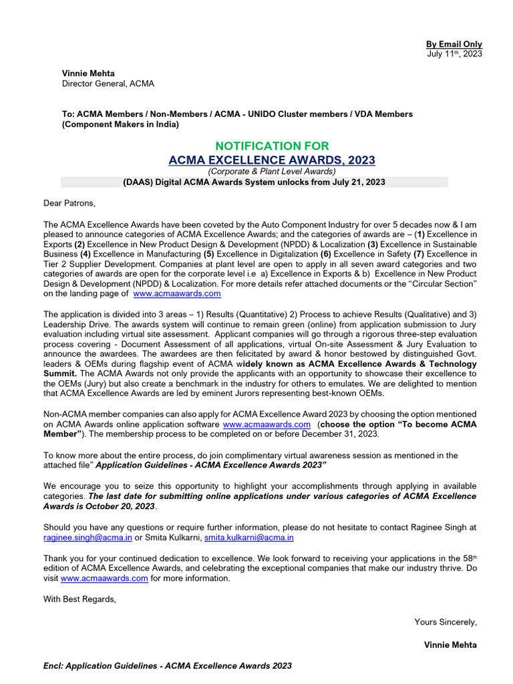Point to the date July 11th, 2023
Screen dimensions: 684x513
tap(454, 54)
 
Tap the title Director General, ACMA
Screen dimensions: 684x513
tap(108, 83)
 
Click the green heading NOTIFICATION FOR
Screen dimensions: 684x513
tap(271, 146)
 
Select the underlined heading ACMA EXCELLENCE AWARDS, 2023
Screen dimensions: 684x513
tap(271, 160)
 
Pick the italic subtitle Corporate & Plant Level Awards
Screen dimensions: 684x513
tap(271, 172)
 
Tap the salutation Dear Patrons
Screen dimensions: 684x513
tap(69, 203)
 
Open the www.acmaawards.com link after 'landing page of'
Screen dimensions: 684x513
tap(177, 293)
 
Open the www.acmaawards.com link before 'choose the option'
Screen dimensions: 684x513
tap(267, 424)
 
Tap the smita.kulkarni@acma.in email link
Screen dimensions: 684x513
tap(249, 537)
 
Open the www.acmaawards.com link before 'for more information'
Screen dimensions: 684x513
tap(104, 578)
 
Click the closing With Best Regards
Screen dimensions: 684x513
tap(79, 599)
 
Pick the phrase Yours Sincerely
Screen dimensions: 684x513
tap(446, 622)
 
